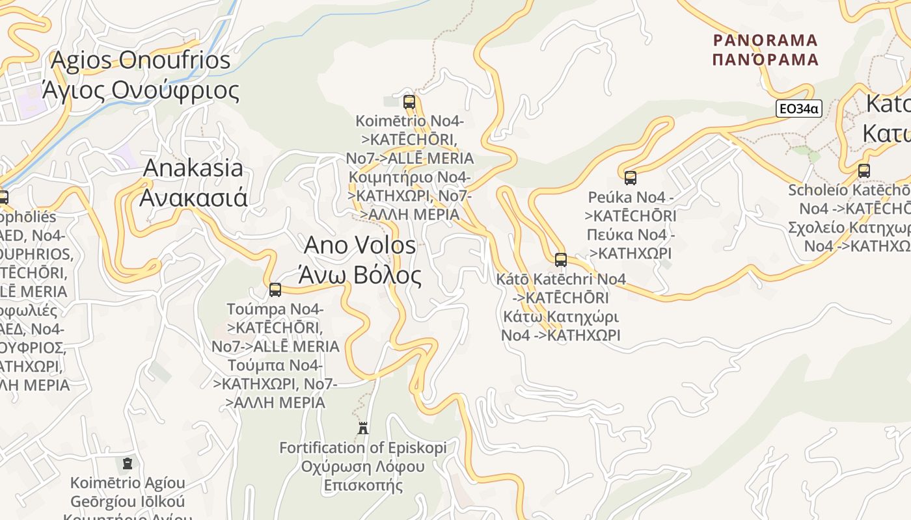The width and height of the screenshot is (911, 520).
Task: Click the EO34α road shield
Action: (798, 109)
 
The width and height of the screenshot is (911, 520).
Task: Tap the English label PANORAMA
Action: (765, 40)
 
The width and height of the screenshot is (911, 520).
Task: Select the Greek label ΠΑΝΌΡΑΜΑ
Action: (765, 60)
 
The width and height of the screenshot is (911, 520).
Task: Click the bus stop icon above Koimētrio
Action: (409, 101)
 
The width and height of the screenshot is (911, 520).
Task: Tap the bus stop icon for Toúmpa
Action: (275, 289)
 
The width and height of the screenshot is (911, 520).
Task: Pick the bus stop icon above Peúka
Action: (630, 177)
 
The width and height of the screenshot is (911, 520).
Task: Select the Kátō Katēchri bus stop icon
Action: (561, 260)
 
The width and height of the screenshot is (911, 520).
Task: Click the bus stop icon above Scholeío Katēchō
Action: (863, 171)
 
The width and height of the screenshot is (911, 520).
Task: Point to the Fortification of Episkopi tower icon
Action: (363, 428)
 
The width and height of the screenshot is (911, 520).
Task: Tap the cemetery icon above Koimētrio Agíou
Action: (128, 463)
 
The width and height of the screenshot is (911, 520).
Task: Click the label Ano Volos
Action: (360, 245)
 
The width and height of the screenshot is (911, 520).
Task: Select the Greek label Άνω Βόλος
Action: (360, 275)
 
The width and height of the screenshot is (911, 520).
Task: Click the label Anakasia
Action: (193, 168)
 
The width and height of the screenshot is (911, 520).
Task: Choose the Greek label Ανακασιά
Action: (193, 197)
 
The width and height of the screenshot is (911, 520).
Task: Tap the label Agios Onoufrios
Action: (141, 60)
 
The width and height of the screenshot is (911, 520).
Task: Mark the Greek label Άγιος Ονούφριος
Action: (141, 90)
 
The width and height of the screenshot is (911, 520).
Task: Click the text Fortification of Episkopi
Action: (363, 448)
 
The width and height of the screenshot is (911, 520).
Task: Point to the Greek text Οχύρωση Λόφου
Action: (363, 467)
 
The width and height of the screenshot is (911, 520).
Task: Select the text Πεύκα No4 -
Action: (630, 234)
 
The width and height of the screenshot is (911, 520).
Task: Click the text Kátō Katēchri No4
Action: (561, 279)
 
